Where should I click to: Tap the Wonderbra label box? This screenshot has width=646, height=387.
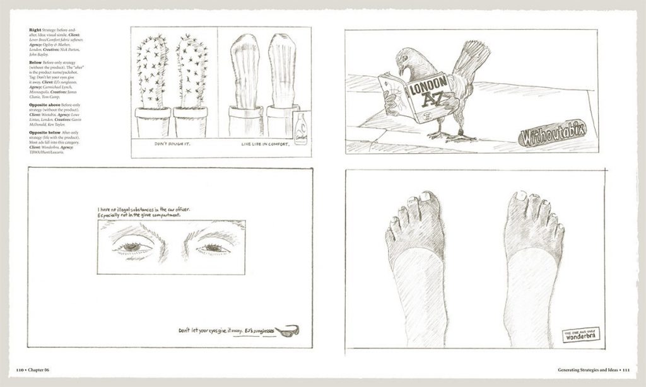(581, 335)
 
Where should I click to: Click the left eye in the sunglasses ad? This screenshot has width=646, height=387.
(132, 246)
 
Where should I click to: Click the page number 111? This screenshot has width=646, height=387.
(631, 369)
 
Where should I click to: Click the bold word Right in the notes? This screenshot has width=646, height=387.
(35, 30)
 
